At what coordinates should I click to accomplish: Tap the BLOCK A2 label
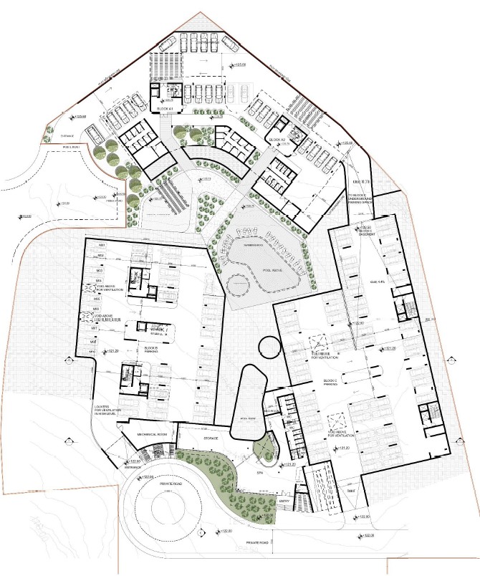(x=277, y=138)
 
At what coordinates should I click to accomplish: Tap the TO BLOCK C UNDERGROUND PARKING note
(x=362, y=198)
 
